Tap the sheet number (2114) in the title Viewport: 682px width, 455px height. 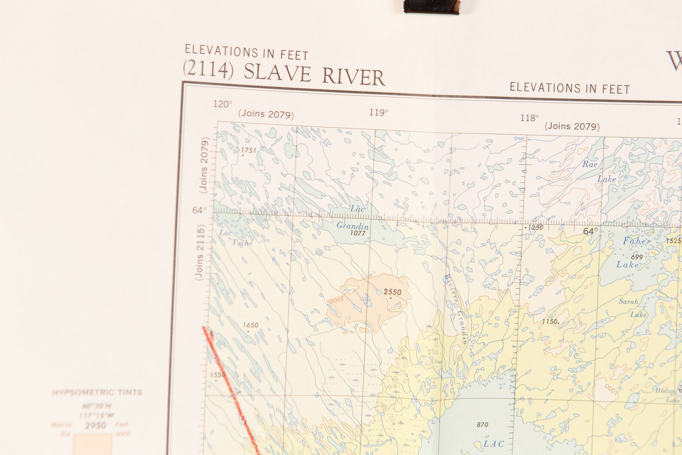coord(208,69)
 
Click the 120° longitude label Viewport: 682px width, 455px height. coord(222,104)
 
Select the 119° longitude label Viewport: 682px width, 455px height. coord(378,113)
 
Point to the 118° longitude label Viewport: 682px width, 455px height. coord(529,118)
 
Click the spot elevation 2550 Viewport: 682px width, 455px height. coord(392,292)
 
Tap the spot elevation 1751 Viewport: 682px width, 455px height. coord(248,150)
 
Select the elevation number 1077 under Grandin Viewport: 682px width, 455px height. coord(358,233)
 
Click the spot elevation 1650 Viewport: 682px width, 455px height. coord(250,325)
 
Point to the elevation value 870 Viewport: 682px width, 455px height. coord(482,424)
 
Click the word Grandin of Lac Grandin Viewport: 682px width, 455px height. coord(352,226)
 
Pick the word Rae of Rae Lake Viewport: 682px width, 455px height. coord(590,164)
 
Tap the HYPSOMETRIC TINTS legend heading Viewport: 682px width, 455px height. coord(97,392)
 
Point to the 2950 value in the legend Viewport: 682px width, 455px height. coord(95,426)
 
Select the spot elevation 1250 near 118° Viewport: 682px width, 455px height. coord(535,228)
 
